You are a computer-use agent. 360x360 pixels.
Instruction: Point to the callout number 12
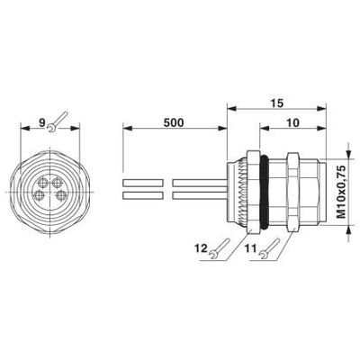(202, 246)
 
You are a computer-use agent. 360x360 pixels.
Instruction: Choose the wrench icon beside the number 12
(220, 253)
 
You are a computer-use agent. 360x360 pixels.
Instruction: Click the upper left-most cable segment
(140, 183)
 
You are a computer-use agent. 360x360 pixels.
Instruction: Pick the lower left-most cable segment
(140, 195)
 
